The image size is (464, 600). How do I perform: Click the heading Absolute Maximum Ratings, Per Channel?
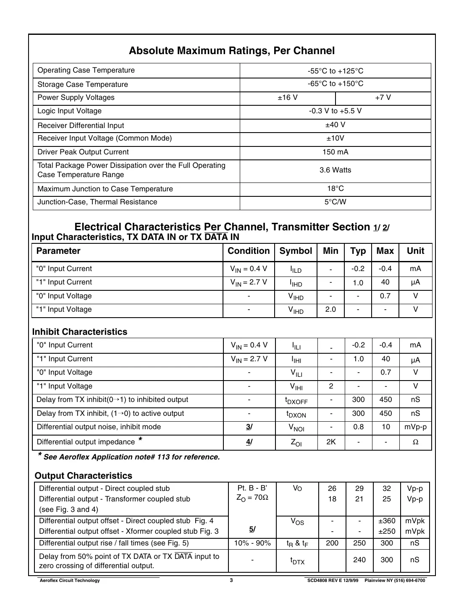click(x=232, y=51)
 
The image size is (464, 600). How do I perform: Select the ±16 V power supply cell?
click(x=288, y=98)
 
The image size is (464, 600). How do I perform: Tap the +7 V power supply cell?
click(x=383, y=98)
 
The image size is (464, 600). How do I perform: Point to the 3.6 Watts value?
click(x=335, y=170)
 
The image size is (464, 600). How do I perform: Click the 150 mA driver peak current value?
click(x=335, y=152)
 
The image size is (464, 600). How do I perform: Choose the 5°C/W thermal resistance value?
click(x=335, y=202)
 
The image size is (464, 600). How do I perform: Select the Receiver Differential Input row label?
click(x=81, y=125)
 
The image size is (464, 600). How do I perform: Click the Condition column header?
click(x=249, y=251)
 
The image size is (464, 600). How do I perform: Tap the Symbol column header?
click(x=296, y=251)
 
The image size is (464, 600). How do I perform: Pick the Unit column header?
click(x=415, y=251)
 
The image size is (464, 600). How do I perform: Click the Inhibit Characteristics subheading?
click(x=80, y=332)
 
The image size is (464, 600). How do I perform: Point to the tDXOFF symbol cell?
click(x=296, y=401)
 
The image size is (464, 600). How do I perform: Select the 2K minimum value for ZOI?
click(x=331, y=442)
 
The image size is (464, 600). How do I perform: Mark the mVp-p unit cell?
click(x=415, y=427)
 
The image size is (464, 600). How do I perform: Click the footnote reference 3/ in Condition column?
click(x=249, y=427)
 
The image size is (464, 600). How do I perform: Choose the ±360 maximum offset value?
click(x=386, y=521)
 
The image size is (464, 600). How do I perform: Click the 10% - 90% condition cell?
click(x=252, y=543)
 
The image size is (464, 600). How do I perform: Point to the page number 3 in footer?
click(x=231, y=581)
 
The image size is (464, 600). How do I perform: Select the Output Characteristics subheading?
click(x=84, y=476)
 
